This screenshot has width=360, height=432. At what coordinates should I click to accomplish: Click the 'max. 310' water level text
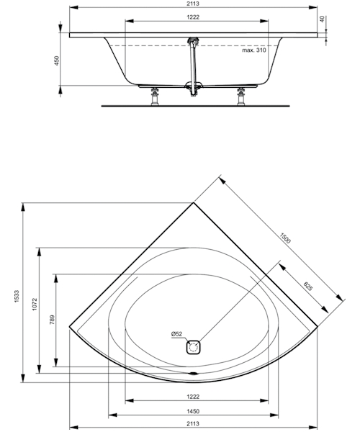[x=254, y=50]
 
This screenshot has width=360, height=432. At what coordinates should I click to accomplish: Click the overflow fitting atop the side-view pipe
[x=192, y=42]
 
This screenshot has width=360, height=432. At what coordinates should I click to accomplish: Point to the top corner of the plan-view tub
[x=194, y=204]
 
